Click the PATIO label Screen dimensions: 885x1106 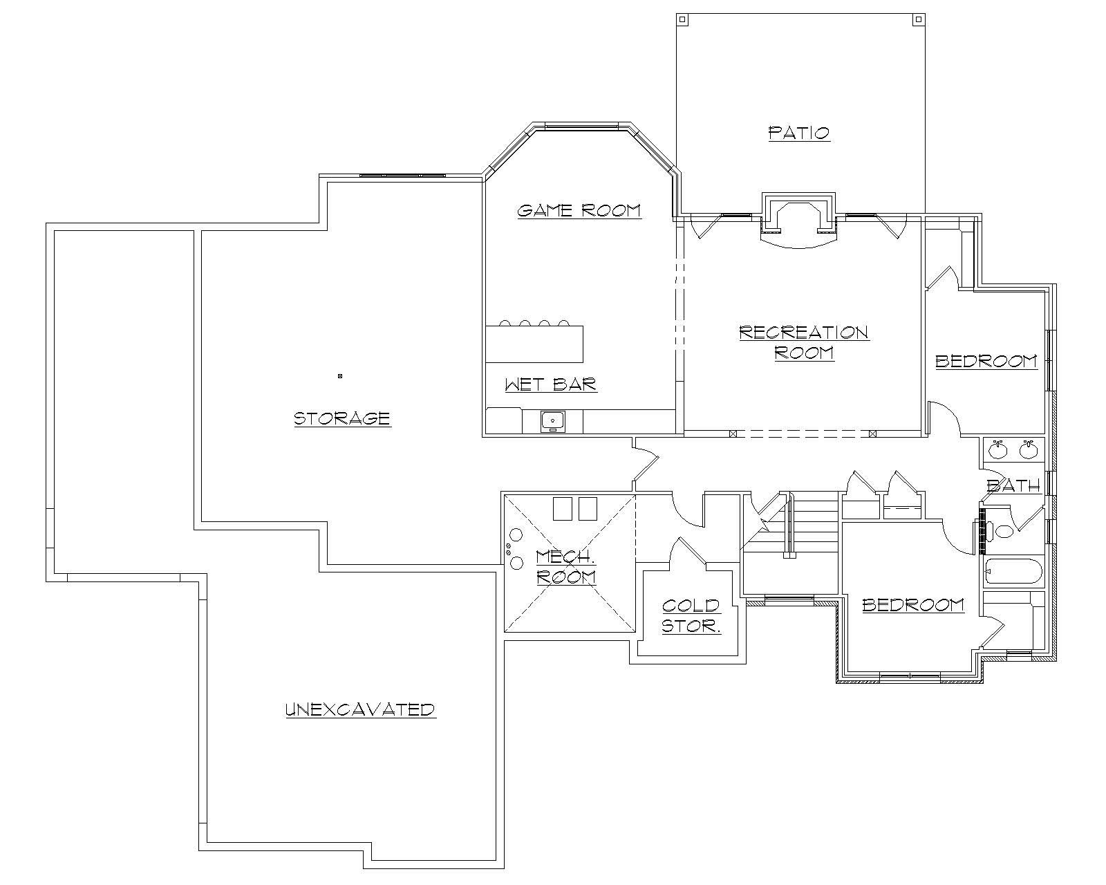point(799,132)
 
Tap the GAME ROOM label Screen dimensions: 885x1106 point(579,210)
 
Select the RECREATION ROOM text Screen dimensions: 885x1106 point(804,342)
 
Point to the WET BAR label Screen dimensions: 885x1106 point(550,384)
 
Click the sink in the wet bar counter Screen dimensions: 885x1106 point(552,420)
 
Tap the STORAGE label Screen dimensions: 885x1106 point(342,418)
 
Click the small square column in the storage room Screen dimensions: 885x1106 point(340,376)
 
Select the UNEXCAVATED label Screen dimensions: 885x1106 point(360,709)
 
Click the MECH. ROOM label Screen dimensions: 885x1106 point(565,566)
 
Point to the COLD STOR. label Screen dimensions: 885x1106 point(691,615)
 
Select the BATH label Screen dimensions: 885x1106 point(1013,486)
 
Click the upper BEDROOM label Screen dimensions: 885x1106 point(986,361)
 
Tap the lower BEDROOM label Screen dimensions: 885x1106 point(912,605)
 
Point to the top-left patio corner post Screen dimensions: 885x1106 point(682,19)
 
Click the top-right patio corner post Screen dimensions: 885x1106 point(918,19)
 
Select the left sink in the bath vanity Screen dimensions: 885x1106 point(997,450)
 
